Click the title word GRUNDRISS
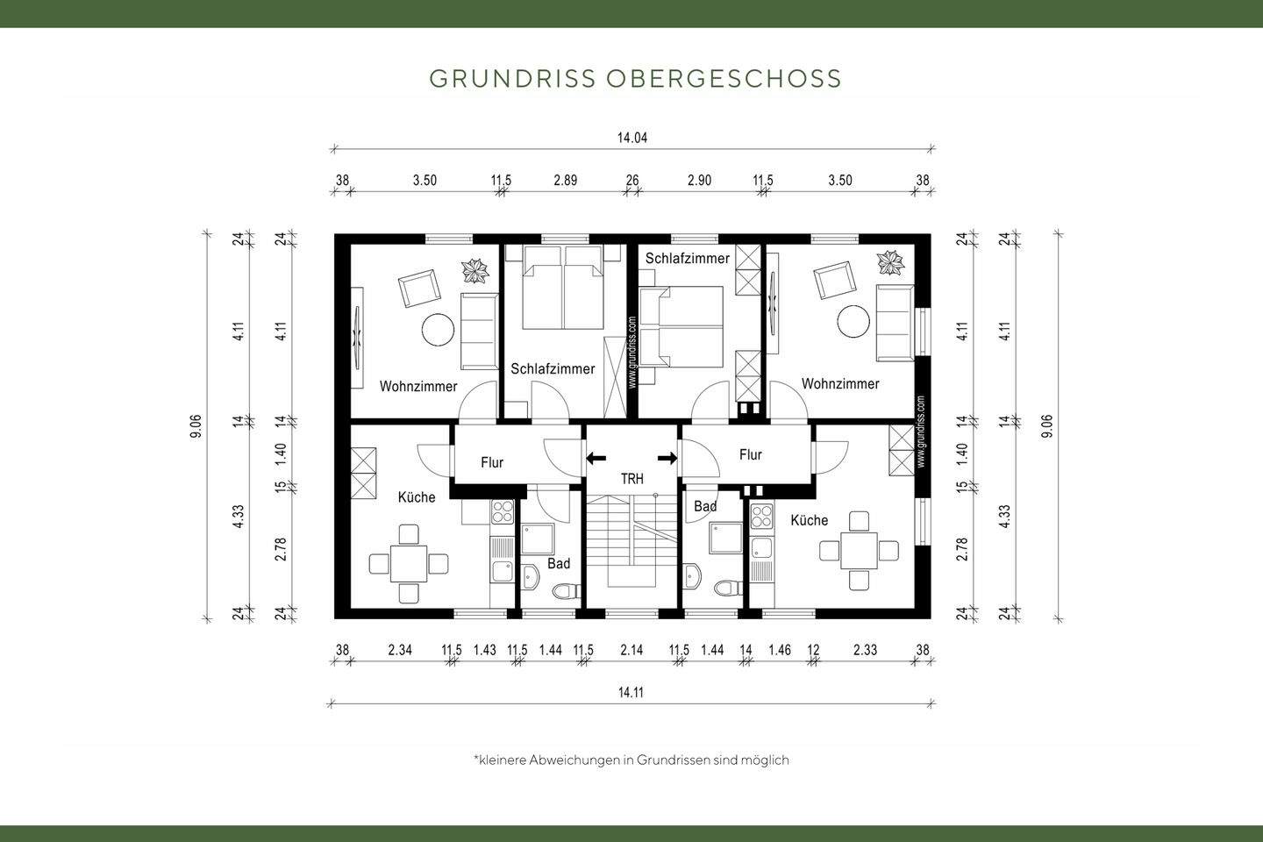point(513,78)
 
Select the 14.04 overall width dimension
point(631,138)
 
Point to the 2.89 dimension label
point(566,181)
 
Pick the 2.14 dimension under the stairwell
point(631,650)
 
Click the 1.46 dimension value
point(780,650)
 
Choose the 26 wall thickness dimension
point(632,181)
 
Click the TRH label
point(631,479)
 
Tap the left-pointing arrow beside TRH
point(596,458)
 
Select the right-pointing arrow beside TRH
point(667,458)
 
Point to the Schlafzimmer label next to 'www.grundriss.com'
point(553,369)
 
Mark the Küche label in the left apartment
point(417,497)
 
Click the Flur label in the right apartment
point(751,454)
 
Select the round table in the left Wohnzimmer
point(438,331)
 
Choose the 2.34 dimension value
point(401,650)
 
